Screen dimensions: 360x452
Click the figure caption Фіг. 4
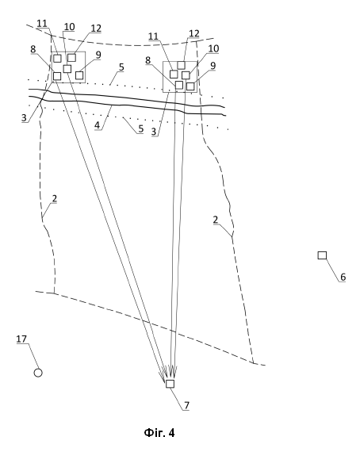[159, 433]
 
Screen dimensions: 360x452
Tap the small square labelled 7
[170, 384]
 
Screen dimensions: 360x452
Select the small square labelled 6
[322, 255]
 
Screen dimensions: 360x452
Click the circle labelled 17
[38, 373]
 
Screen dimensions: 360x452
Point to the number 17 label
[21, 339]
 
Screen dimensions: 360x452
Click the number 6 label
[343, 277]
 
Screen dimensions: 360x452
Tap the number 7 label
[187, 405]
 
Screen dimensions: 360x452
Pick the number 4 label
[97, 125]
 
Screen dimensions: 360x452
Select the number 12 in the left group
[96, 29]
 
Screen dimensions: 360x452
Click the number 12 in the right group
[194, 33]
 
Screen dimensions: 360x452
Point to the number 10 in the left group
[69, 27]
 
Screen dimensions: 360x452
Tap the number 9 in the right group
[213, 66]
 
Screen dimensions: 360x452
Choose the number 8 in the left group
[33, 49]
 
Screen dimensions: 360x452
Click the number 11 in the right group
[153, 36]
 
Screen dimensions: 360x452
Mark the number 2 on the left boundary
[55, 198]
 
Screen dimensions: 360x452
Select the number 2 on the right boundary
[216, 220]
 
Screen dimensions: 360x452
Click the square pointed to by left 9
[79, 75]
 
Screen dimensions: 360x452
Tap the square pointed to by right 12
[181, 65]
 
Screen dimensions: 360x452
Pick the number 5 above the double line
[121, 67]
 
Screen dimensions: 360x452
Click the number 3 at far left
[24, 117]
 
